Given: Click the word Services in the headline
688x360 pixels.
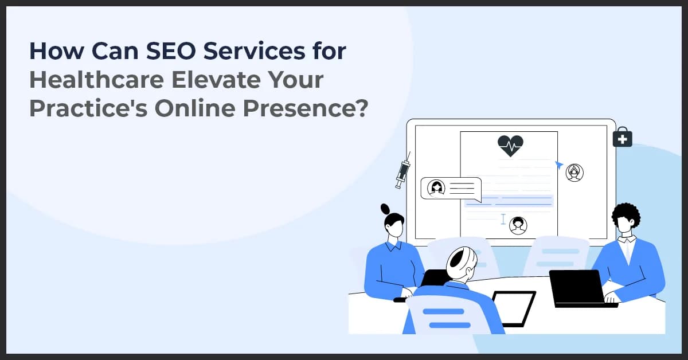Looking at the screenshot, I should pos(257,52).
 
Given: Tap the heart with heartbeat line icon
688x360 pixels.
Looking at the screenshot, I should pos(510,146).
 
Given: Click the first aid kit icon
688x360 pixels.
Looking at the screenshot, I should pos(622,138).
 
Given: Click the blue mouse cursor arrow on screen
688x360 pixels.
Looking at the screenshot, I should pos(559,165).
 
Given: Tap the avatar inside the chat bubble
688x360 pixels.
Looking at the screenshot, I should pos(437,187).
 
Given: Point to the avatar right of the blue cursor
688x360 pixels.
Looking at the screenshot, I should pos(574,172).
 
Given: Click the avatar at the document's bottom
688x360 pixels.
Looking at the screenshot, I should pos(518,225).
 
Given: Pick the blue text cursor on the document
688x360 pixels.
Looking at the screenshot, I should pos(503,219).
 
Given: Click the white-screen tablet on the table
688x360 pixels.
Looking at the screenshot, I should pos(513,307).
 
